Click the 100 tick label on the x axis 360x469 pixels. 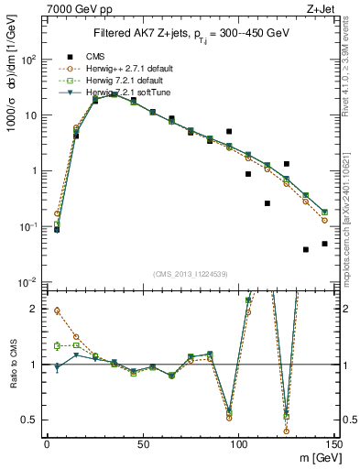238,444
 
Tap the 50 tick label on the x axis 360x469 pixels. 143,444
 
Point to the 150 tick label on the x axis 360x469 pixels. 333,444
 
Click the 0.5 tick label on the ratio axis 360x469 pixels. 30,420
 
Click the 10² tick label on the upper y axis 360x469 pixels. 28,60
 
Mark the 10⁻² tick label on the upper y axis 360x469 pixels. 28,282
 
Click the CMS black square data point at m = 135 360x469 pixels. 305,249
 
